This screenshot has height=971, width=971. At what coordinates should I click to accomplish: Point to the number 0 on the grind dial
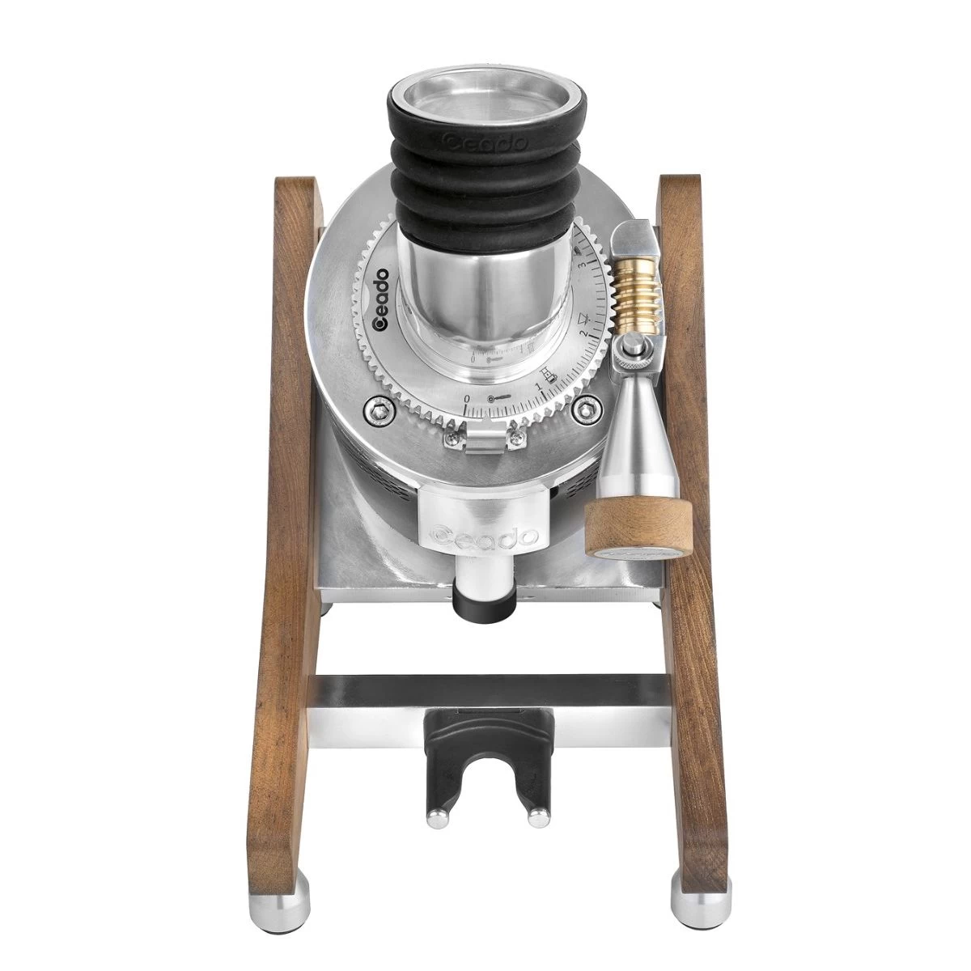(x=468, y=399)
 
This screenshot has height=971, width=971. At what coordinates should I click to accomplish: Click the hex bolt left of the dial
(x=375, y=412)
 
